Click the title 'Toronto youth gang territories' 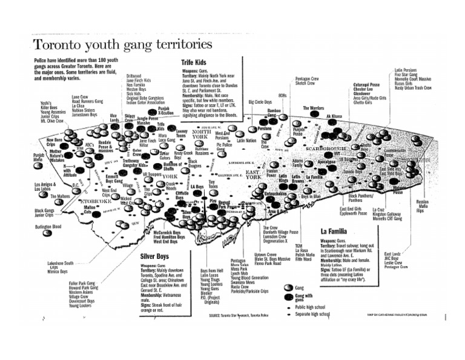point(122,45)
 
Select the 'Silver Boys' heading point(154,257)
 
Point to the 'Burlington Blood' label point(48,227)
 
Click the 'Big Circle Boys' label point(260,102)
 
